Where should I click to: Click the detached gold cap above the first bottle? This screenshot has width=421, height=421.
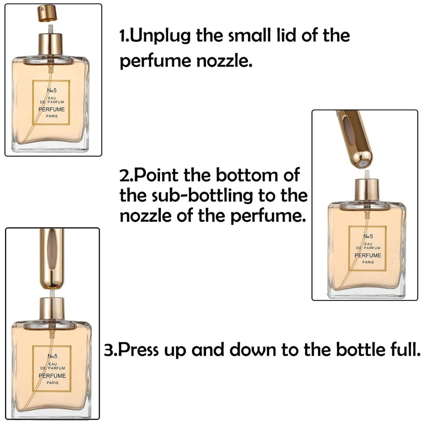(47, 14)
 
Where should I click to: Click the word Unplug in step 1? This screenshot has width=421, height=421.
(159, 36)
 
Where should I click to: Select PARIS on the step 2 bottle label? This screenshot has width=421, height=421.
(368, 262)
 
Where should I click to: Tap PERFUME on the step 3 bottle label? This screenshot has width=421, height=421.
(52, 376)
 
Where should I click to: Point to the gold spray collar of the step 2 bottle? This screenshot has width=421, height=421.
(366, 189)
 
